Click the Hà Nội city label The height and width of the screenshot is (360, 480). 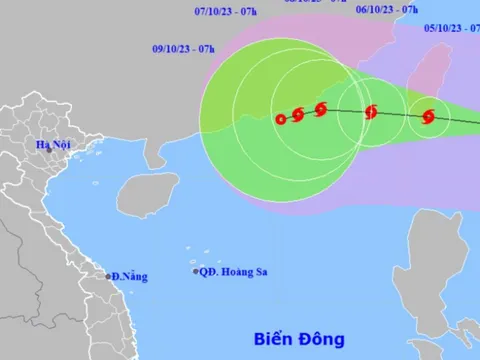51,145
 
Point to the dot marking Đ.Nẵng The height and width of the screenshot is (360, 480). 109,275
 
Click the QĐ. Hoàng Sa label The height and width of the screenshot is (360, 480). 233,271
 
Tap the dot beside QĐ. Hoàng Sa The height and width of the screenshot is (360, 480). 196,271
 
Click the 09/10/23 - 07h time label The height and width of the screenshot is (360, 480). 182,48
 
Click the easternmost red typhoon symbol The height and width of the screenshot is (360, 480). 428,117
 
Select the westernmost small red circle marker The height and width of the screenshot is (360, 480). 281,119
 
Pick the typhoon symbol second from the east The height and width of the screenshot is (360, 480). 371,112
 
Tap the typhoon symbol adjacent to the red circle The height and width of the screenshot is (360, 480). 298,115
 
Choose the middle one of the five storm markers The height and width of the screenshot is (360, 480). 320,110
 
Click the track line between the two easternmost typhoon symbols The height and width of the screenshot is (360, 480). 400,114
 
